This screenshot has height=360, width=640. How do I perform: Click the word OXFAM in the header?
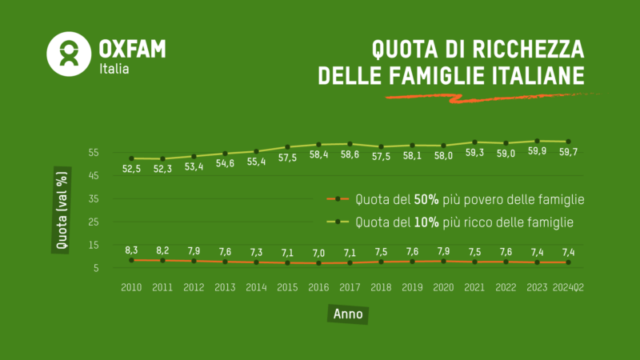click(132, 48)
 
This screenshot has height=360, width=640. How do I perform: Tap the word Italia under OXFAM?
click(114, 69)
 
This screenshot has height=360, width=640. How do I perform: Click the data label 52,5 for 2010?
click(131, 169)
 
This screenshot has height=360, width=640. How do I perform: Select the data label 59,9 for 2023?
click(537, 151)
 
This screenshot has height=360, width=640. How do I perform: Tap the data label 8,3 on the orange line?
click(131, 250)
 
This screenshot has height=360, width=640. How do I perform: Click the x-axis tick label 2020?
click(443, 286)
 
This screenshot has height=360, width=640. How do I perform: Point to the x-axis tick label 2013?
click(225, 286)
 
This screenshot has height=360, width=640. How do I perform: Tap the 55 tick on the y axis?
click(94, 152)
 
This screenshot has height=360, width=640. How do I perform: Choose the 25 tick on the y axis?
click(94, 222)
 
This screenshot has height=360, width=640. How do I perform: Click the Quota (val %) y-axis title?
click(60, 210)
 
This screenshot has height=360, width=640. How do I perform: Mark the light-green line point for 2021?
click(474, 142)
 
